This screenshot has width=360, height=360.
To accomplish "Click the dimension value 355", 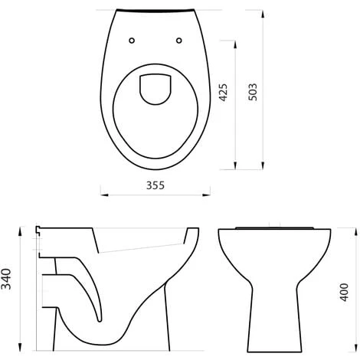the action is tap(155, 185).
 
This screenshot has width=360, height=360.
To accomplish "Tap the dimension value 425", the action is tap(223, 93).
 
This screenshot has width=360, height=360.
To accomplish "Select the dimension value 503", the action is tap(253, 92).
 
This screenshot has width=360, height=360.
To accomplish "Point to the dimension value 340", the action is tap(6, 279).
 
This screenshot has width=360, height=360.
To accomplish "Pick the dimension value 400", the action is tap(344, 293).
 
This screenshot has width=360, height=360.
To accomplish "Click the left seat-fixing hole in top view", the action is tap(132, 41).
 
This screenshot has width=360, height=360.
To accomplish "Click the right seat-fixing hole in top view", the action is tap(179, 41).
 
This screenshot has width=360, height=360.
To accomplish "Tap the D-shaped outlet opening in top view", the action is tap(155, 90).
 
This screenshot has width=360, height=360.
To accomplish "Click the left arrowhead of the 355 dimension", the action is tap(104, 195).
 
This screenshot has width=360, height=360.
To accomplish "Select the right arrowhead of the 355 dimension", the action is tap(206, 195).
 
